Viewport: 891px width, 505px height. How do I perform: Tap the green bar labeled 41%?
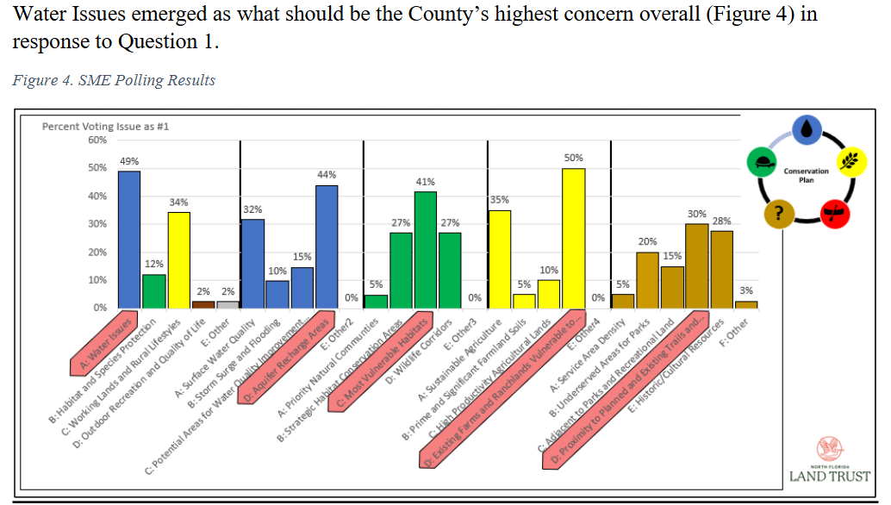pyautogui.click(x=426, y=250)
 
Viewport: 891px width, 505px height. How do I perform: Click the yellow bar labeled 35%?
pyautogui.click(x=500, y=259)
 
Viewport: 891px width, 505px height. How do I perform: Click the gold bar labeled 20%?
pyautogui.click(x=647, y=280)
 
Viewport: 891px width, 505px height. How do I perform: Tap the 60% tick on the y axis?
pyautogui.click(x=97, y=140)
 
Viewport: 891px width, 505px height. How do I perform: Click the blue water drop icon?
pyautogui.click(x=807, y=129)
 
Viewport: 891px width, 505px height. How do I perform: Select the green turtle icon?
pyautogui.click(x=762, y=161)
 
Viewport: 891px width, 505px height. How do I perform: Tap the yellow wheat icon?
pyautogui.click(x=852, y=161)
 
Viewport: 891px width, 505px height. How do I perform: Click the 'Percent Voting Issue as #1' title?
pyautogui.click(x=105, y=126)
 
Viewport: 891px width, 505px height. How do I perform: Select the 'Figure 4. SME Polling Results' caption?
pyautogui.click(x=114, y=80)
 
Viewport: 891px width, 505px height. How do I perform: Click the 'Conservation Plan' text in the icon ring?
pyautogui.click(x=807, y=175)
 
